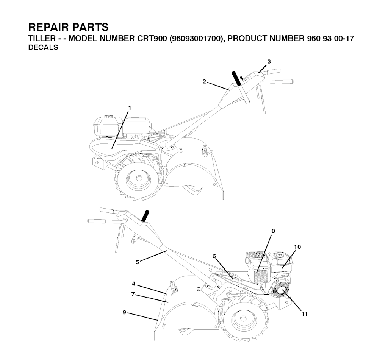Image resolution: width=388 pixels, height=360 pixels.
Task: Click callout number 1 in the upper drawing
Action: point(130,108)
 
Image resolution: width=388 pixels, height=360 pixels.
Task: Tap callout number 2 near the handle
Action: point(204,82)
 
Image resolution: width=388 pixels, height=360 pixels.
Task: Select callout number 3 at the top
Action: point(269,62)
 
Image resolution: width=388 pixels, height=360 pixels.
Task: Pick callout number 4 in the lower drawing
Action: point(133,284)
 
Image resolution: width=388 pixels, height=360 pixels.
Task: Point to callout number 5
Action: point(138,262)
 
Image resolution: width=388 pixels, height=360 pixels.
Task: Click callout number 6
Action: point(214,256)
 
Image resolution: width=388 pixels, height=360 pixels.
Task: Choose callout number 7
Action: point(133,295)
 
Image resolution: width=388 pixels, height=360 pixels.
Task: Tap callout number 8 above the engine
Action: point(273,231)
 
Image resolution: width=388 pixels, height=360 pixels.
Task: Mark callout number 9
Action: point(124,313)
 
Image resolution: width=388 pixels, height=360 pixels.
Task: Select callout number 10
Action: point(297,247)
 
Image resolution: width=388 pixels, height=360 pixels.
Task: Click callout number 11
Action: point(304,314)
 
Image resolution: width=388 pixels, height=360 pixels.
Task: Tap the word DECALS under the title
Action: point(43,47)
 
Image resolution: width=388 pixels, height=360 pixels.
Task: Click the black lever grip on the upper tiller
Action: point(236,78)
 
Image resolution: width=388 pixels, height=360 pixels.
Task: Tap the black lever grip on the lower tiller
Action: point(145,217)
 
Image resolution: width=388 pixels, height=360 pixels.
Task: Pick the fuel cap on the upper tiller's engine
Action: point(108,117)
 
